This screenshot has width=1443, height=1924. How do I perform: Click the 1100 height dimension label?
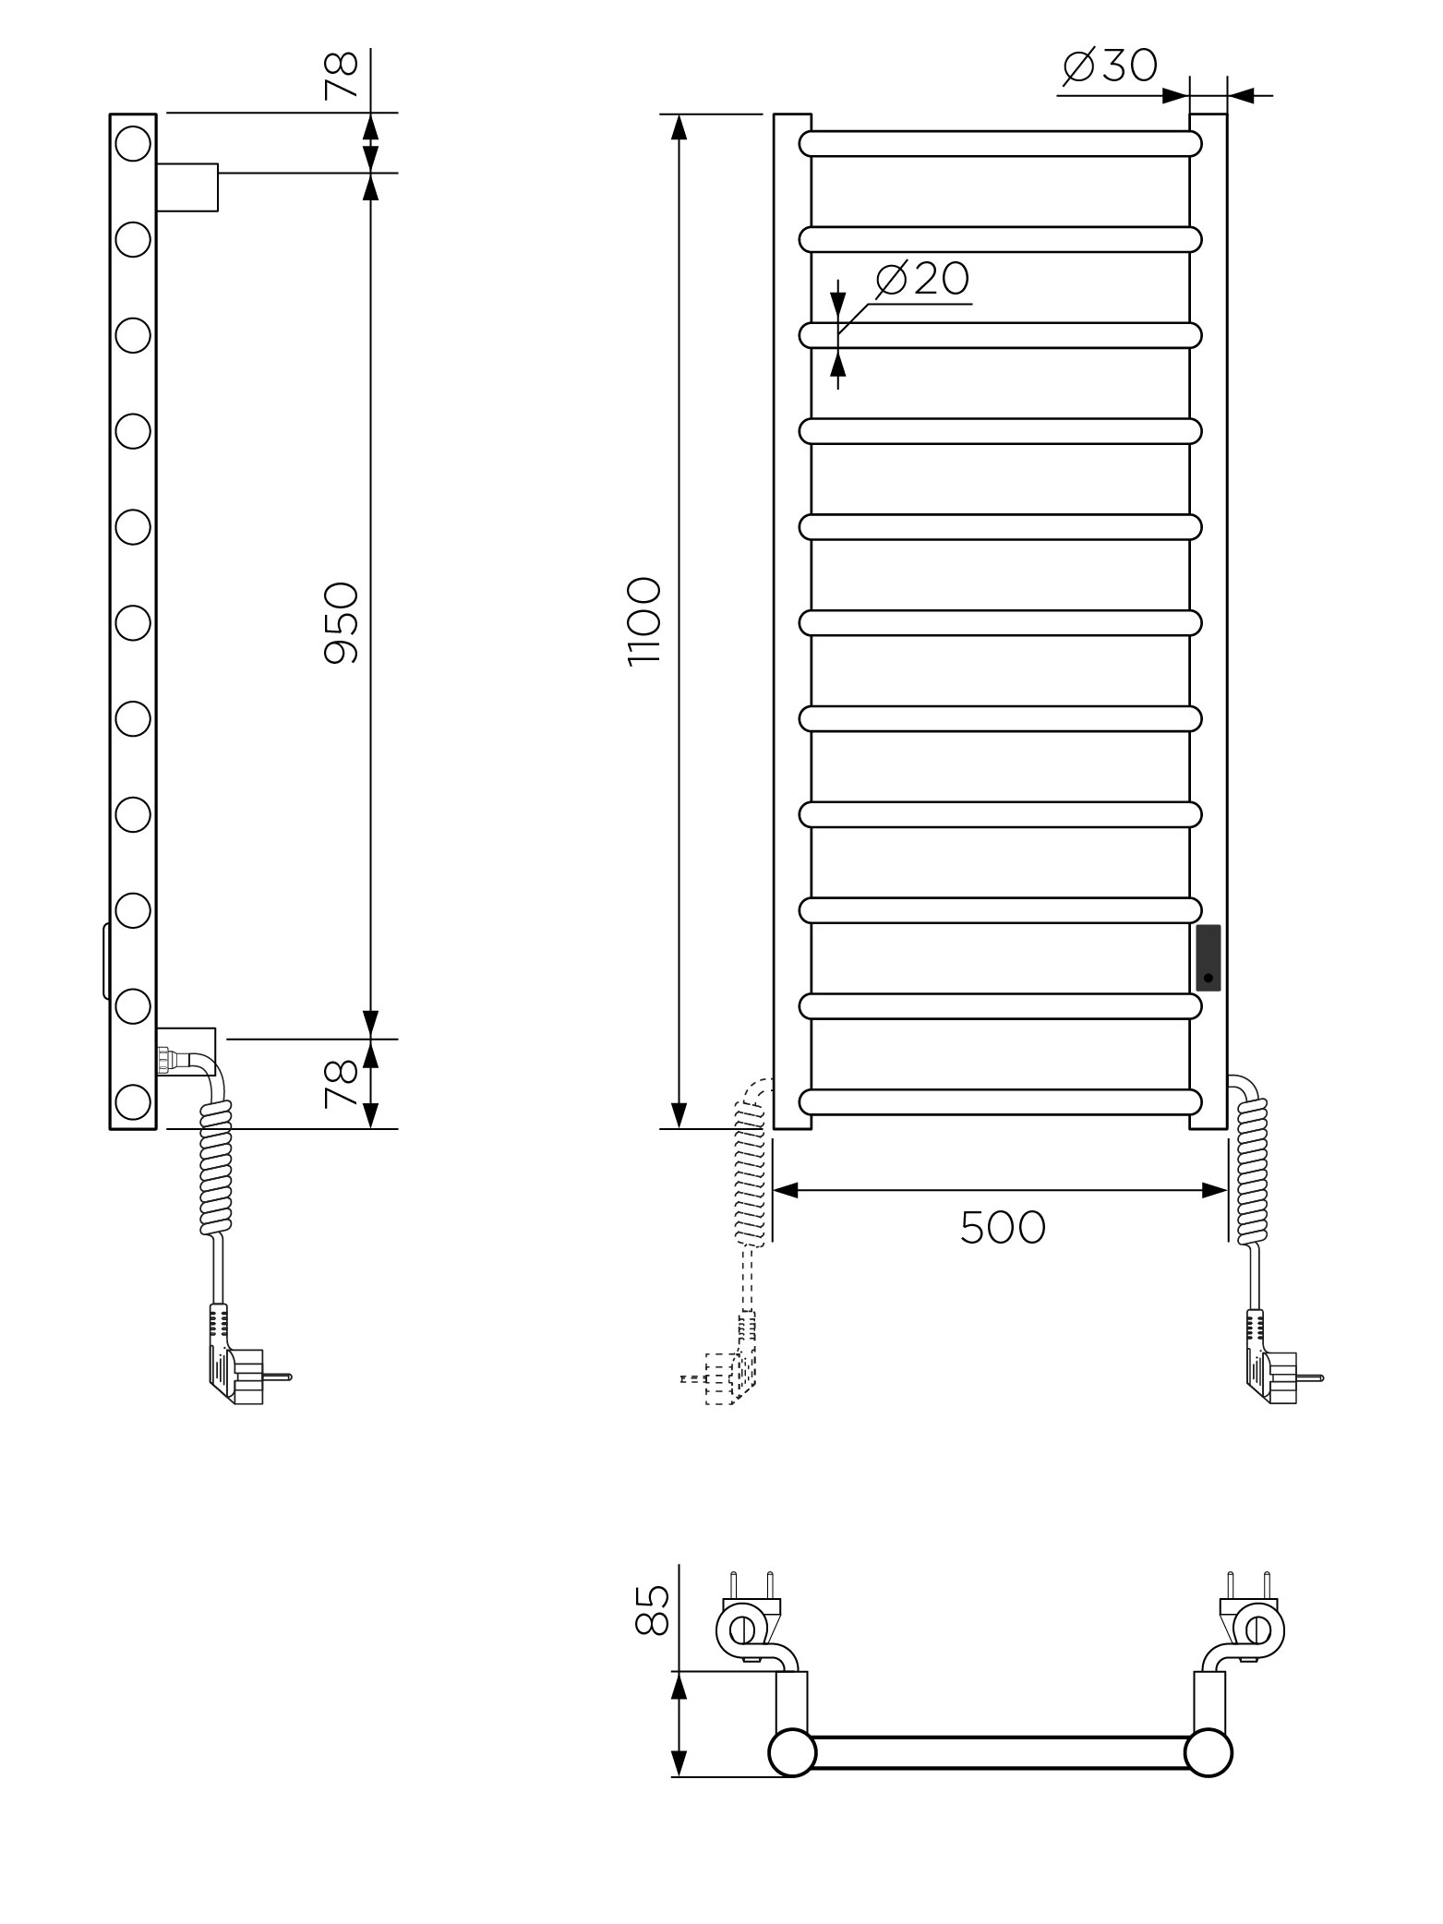[x=644, y=621]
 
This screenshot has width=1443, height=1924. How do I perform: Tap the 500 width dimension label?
[x=1003, y=1227]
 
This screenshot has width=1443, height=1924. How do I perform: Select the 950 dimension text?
[x=341, y=622]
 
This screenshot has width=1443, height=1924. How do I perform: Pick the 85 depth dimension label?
[x=652, y=1610]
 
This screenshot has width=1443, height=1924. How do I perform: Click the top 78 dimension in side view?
[x=341, y=74]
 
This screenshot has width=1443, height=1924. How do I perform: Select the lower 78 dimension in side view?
[x=341, y=1084]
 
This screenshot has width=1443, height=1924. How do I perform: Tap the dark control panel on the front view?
[x=1208, y=957]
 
